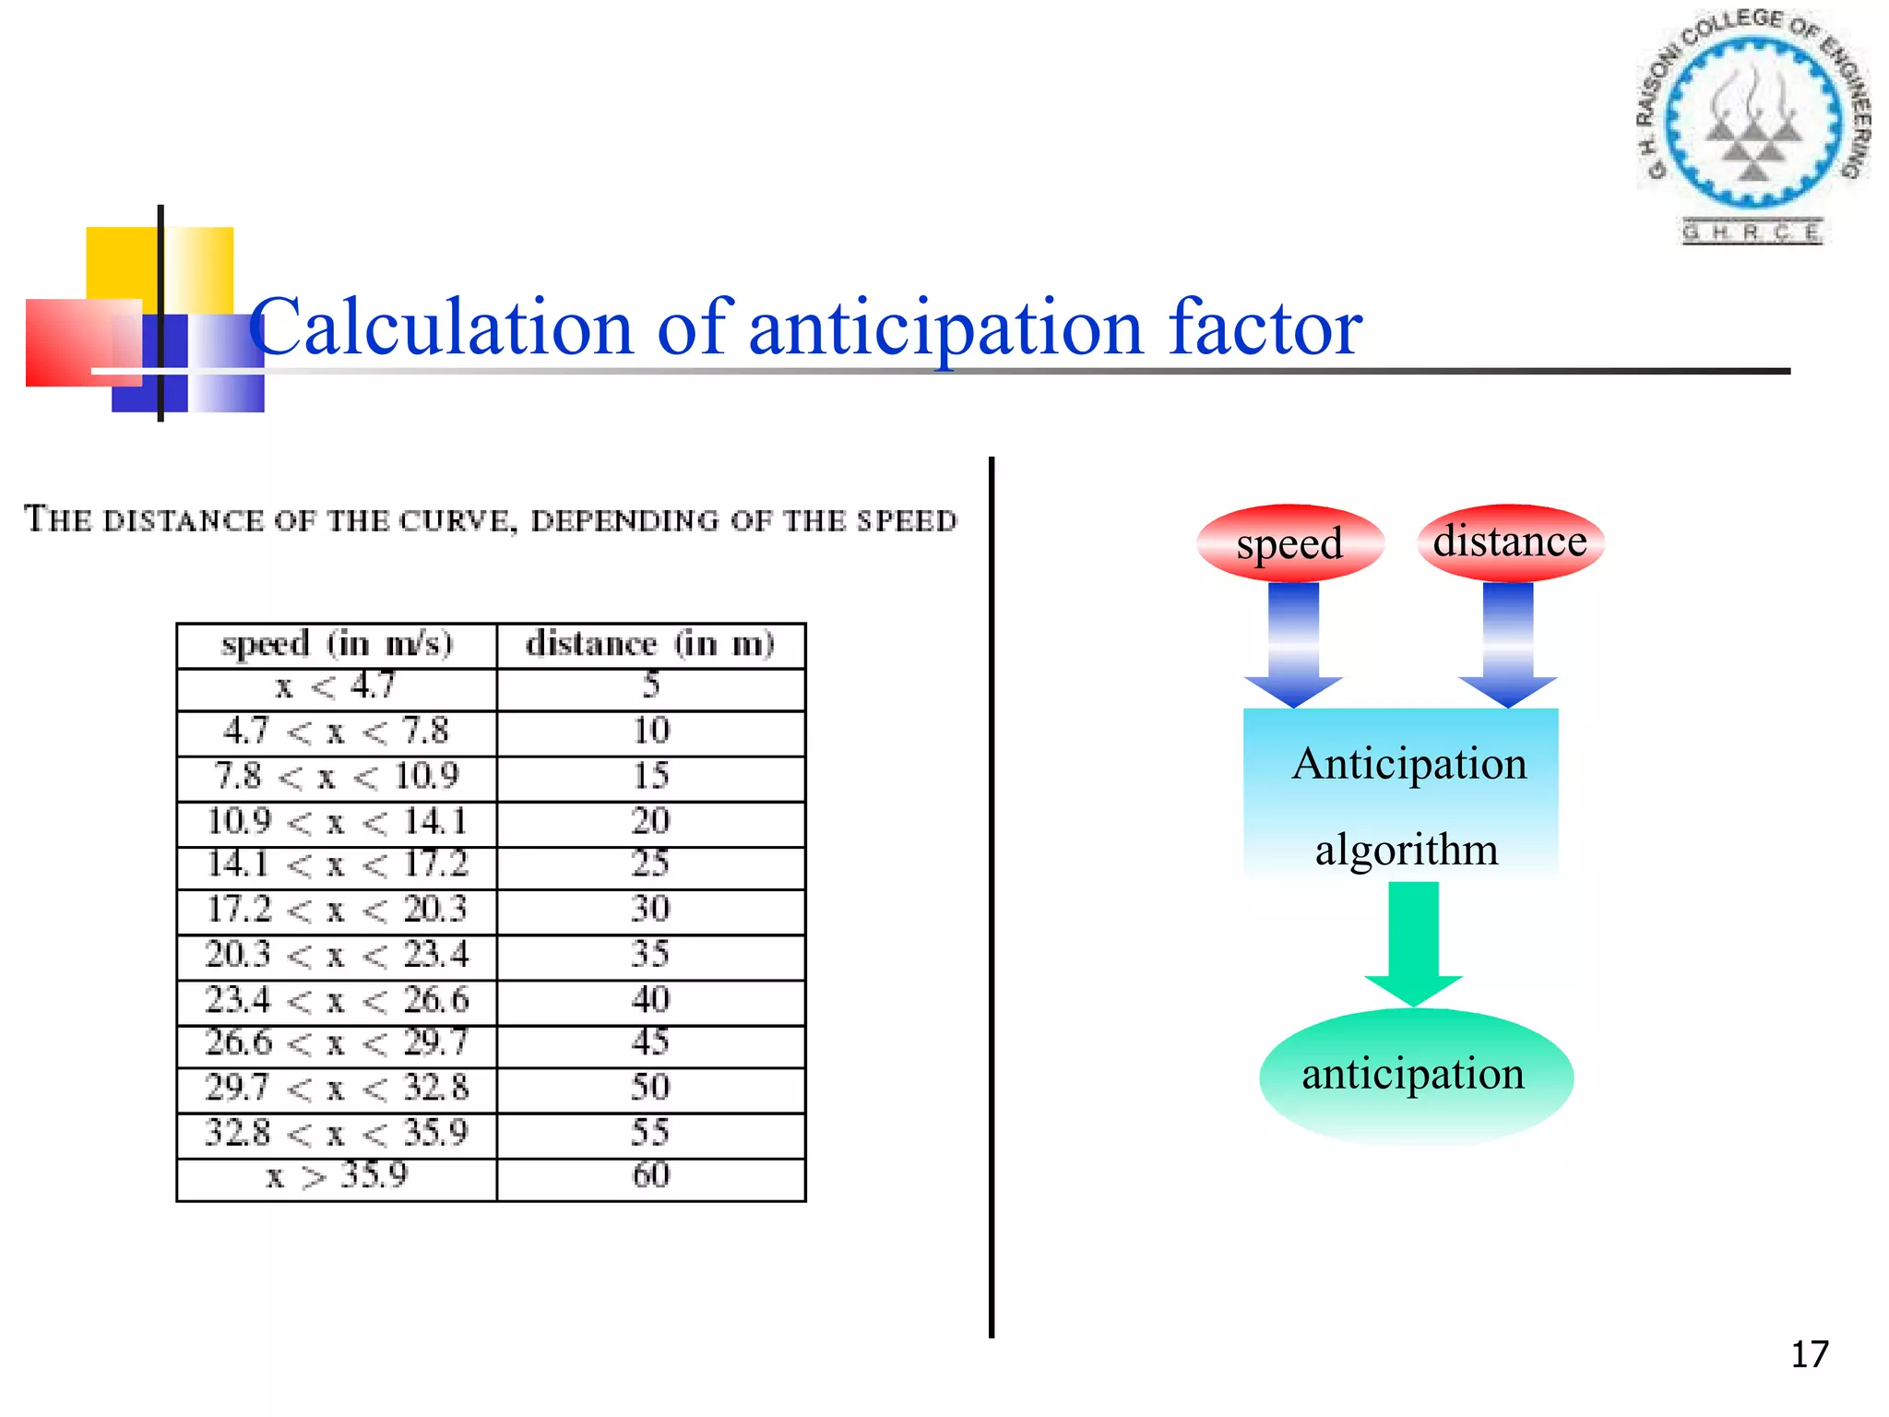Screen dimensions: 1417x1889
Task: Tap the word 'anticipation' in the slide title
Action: point(945,328)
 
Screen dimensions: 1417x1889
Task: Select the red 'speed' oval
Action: point(1289,543)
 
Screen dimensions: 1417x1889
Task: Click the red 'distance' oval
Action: point(1510,542)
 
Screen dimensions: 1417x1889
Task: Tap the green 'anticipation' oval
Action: point(1415,1076)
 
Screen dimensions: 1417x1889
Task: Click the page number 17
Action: point(1809,1354)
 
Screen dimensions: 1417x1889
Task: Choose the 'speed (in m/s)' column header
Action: point(337,644)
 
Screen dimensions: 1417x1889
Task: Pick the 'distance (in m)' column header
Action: point(650,644)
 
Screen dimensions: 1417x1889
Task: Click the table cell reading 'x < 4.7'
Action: point(337,686)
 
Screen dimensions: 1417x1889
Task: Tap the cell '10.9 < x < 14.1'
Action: point(337,822)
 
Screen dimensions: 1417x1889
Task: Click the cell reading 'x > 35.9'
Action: point(337,1176)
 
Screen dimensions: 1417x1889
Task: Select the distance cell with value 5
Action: point(650,685)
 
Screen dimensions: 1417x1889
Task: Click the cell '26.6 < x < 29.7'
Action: point(337,1043)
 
